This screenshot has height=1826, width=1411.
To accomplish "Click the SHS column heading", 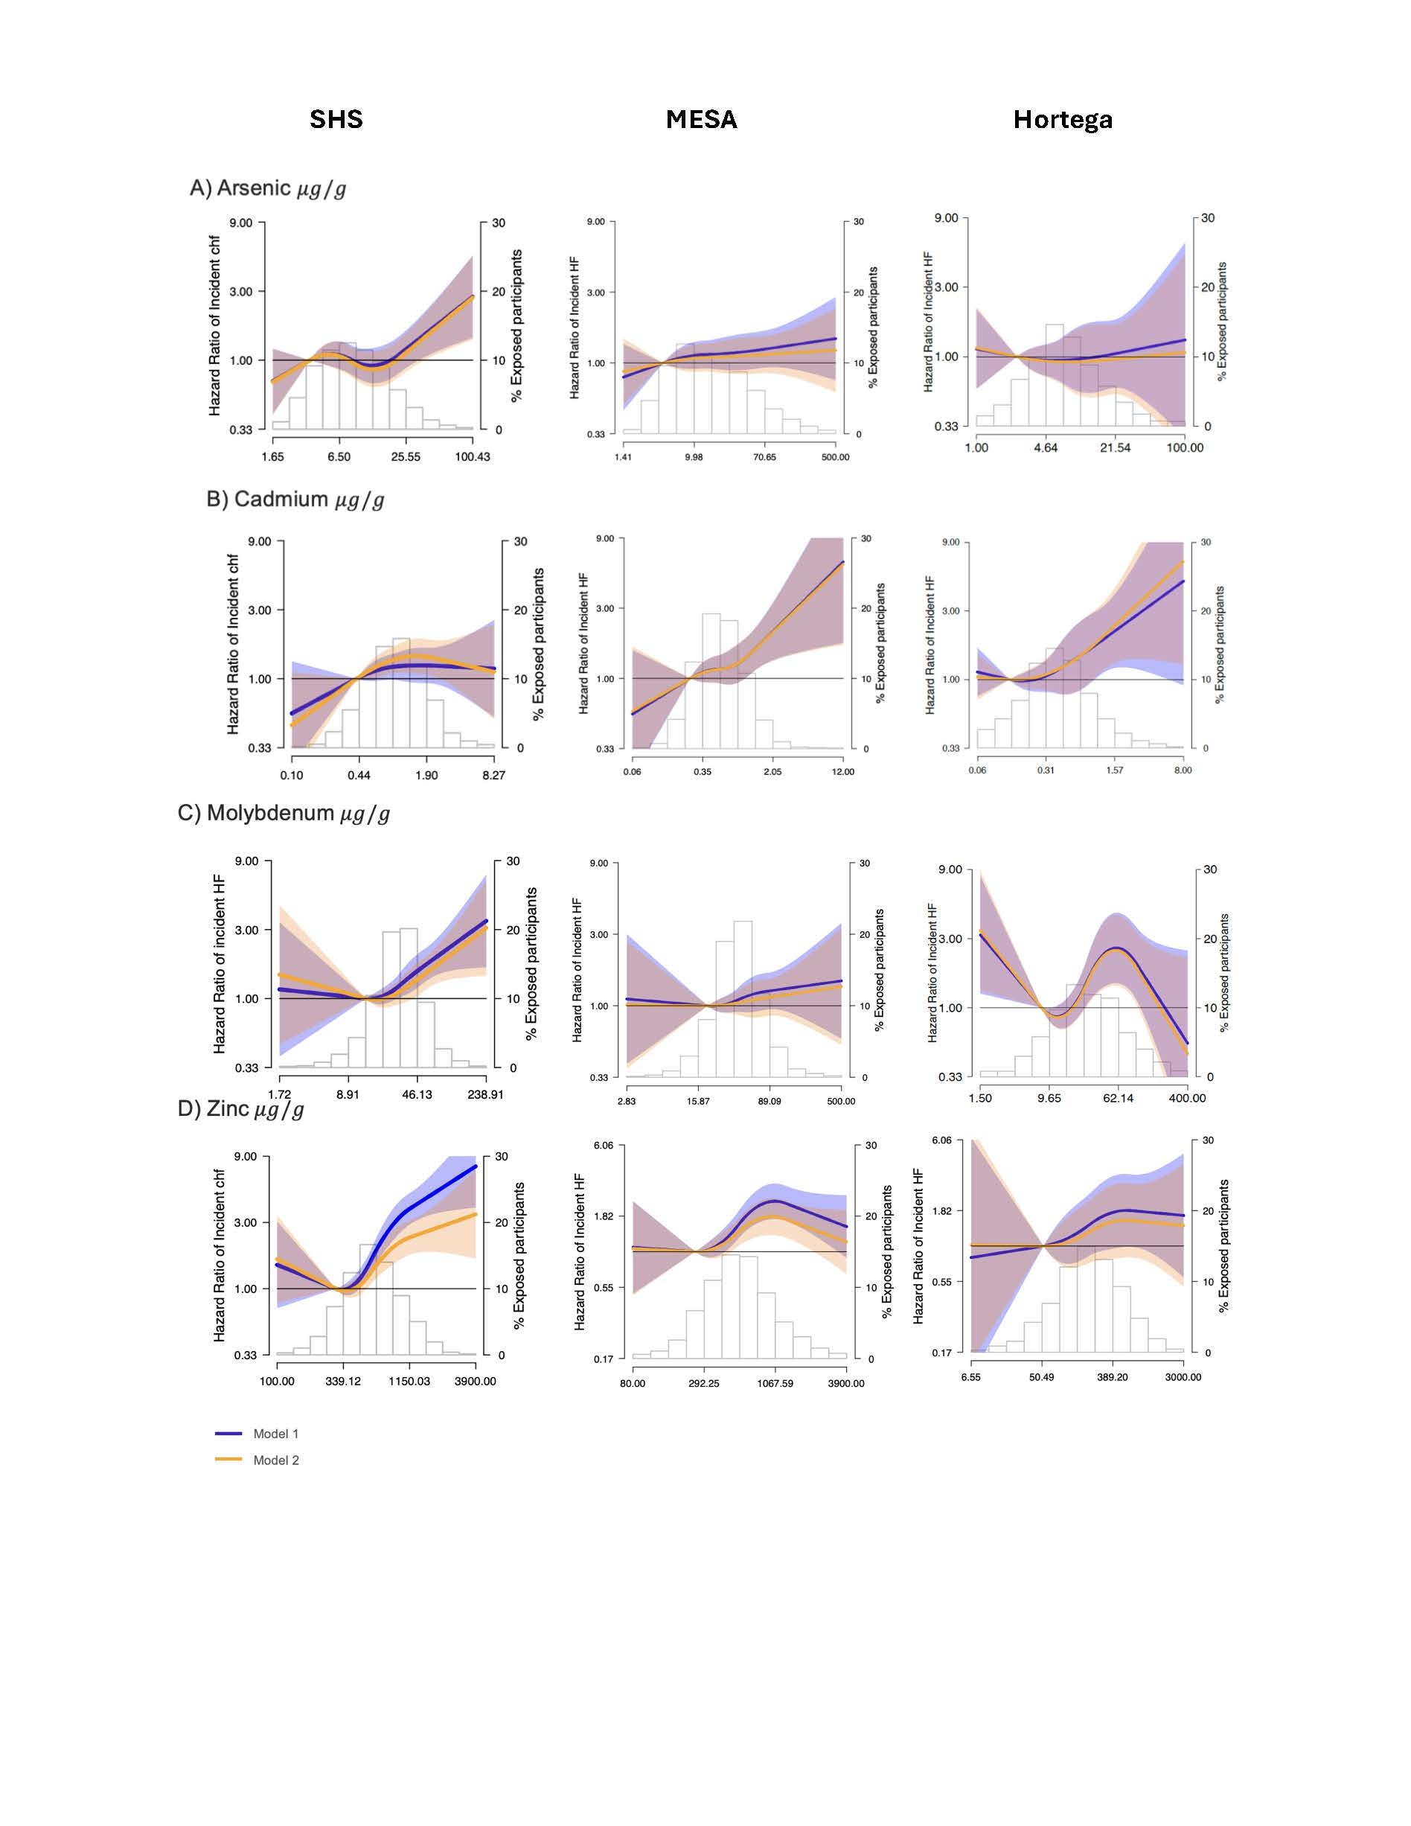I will pyautogui.click(x=336, y=120).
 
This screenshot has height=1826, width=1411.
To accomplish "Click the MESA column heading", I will pyautogui.click(x=701, y=120).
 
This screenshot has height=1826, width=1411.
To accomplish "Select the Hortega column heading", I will pyautogui.click(x=1063, y=120).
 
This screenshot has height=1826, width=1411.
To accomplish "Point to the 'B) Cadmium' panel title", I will pyautogui.click(x=295, y=500).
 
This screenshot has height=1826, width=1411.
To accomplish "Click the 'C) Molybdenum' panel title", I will pyautogui.click(x=284, y=814).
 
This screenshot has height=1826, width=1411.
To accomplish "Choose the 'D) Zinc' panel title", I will pyautogui.click(x=240, y=1108).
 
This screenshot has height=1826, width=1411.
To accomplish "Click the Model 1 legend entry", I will pyautogui.click(x=275, y=1434).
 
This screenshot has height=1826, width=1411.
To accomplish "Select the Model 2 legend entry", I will pyautogui.click(x=275, y=1461).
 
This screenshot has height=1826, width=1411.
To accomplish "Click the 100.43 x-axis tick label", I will pyautogui.click(x=473, y=456).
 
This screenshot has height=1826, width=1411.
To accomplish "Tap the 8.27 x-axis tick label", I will pyautogui.click(x=493, y=775).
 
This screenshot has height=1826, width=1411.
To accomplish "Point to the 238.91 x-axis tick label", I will pyautogui.click(x=484, y=1094).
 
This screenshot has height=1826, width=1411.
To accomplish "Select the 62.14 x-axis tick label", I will pyautogui.click(x=1118, y=1098).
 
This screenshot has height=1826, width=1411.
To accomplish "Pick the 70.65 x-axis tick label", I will pyautogui.click(x=764, y=457).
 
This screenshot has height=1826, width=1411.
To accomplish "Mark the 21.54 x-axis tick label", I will pyautogui.click(x=1115, y=447).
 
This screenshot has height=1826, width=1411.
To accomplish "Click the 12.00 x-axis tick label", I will pyautogui.click(x=842, y=772).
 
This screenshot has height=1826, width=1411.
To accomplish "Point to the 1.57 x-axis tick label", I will pyautogui.click(x=1114, y=770).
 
